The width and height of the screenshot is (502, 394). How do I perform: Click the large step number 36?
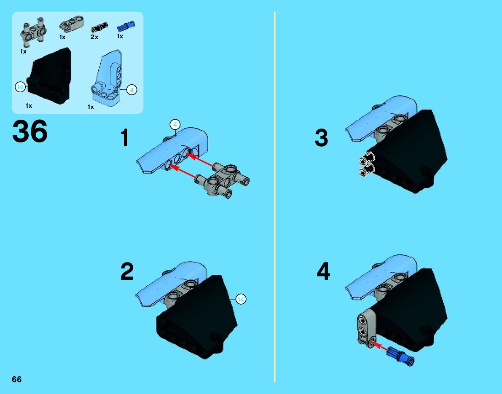[x=30, y=131]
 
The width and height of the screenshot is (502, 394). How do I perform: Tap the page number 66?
[x=16, y=379]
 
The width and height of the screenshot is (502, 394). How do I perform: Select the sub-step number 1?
[x=124, y=138]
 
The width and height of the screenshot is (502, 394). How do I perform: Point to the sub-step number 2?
[x=127, y=271]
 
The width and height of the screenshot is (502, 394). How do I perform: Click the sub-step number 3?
[x=321, y=138]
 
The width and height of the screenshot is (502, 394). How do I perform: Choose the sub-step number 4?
[x=323, y=271]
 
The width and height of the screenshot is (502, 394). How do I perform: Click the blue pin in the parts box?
[x=126, y=26]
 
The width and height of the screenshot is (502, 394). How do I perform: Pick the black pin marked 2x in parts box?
[x=99, y=27]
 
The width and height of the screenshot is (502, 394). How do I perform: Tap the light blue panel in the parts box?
[x=107, y=78]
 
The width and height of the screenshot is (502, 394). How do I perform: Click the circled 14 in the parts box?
[x=20, y=87]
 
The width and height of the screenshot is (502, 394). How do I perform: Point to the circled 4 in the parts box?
[x=132, y=90]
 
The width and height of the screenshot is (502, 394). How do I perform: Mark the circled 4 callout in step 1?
[x=175, y=124]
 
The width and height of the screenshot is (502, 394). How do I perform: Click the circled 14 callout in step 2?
[x=241, y=299]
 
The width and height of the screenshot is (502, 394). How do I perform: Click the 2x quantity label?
[x=94, y=37]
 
